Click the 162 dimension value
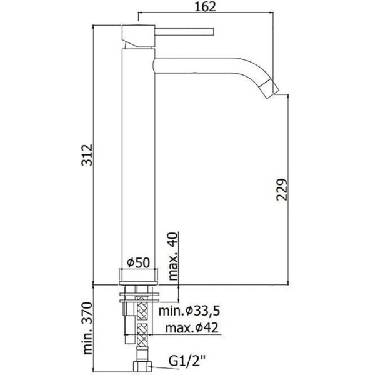(206, 6)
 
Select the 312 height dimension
(87, 154)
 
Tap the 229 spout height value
(281, 189)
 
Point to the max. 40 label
(173, 256)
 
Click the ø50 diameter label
(138, 262)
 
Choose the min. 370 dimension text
(87, 328)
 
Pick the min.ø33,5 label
(189, 311)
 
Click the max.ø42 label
(192, 328)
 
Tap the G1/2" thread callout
(187, 361)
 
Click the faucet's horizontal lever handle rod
(184, 32)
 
